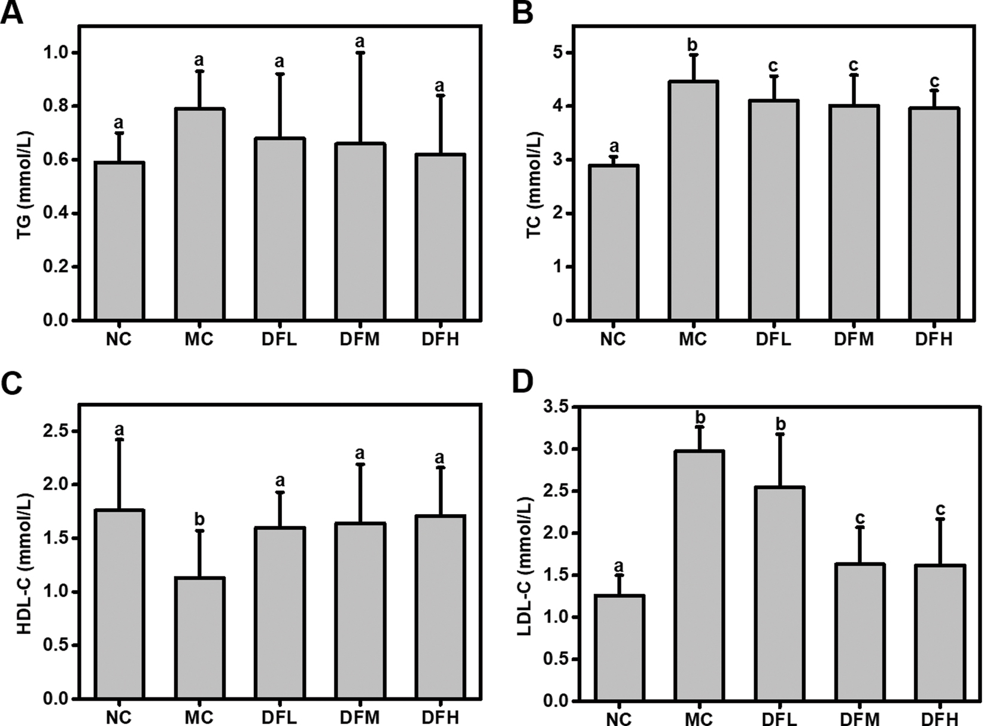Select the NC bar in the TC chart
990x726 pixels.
click(x=613, y=242)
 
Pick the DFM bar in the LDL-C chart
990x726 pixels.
click(x=860, y=632)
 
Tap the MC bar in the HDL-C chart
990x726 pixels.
click(x=199, y=638)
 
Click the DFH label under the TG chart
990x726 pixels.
click(x=440, y=339)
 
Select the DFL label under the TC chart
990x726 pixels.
click(x=773, y=339)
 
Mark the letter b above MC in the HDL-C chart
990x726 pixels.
click(x=199, y=518)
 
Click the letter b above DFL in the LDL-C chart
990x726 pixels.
click(x=781, y=424)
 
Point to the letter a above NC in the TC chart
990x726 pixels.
click(x=613, y=147)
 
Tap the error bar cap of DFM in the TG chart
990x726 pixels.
click(x=360, y=53)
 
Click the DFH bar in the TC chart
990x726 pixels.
click(x=934, y=214)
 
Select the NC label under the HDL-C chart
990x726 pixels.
click(x=119, y=717)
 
